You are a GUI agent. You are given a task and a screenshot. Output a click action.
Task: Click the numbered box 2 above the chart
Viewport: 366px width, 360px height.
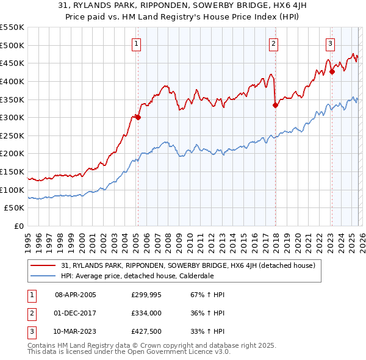click(x=273, y=43)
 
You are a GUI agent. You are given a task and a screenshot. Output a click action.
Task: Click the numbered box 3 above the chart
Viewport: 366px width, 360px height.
click(x=330, y=43)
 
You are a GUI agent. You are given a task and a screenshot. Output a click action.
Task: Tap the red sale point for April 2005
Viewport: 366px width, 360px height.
click(x=138, y=118)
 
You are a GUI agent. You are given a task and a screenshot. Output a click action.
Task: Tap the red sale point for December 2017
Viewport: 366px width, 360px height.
click(x=275, y=105)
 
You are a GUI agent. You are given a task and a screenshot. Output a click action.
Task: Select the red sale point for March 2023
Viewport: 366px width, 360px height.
click(x=332, y=71)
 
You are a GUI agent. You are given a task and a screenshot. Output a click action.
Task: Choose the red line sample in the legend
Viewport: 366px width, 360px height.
click(x=43, y=265)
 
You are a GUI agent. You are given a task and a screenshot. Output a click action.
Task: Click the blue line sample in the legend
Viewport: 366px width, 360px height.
click(x=43, y=275)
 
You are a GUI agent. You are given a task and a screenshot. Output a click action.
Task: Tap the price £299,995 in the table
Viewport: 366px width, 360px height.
click(x=146, y=295)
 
